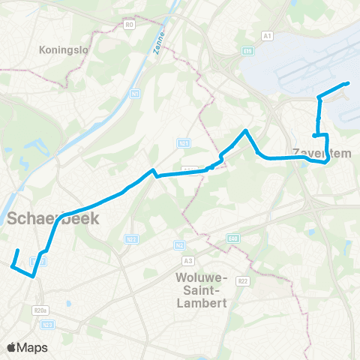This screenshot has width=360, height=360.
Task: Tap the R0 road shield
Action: pyautogui.click(x=130, y=25)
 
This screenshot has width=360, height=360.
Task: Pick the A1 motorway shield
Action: pyautogui.click(x=268, y=35)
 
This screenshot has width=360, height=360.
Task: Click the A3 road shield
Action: pyautogui.click(x=187, y=260)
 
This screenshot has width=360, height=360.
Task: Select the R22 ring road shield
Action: pyautogui.click(x=242, y=280)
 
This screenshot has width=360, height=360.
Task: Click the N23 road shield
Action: pyautogui.click(x=48, y=324)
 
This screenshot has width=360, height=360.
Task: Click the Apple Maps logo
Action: pyautogui.click(x=27, y=347)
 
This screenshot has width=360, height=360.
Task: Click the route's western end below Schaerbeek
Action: pyautogui.click(x=13, y=264)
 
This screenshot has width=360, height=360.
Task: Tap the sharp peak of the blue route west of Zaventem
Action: pyautogui.click(x=245, y=131)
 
